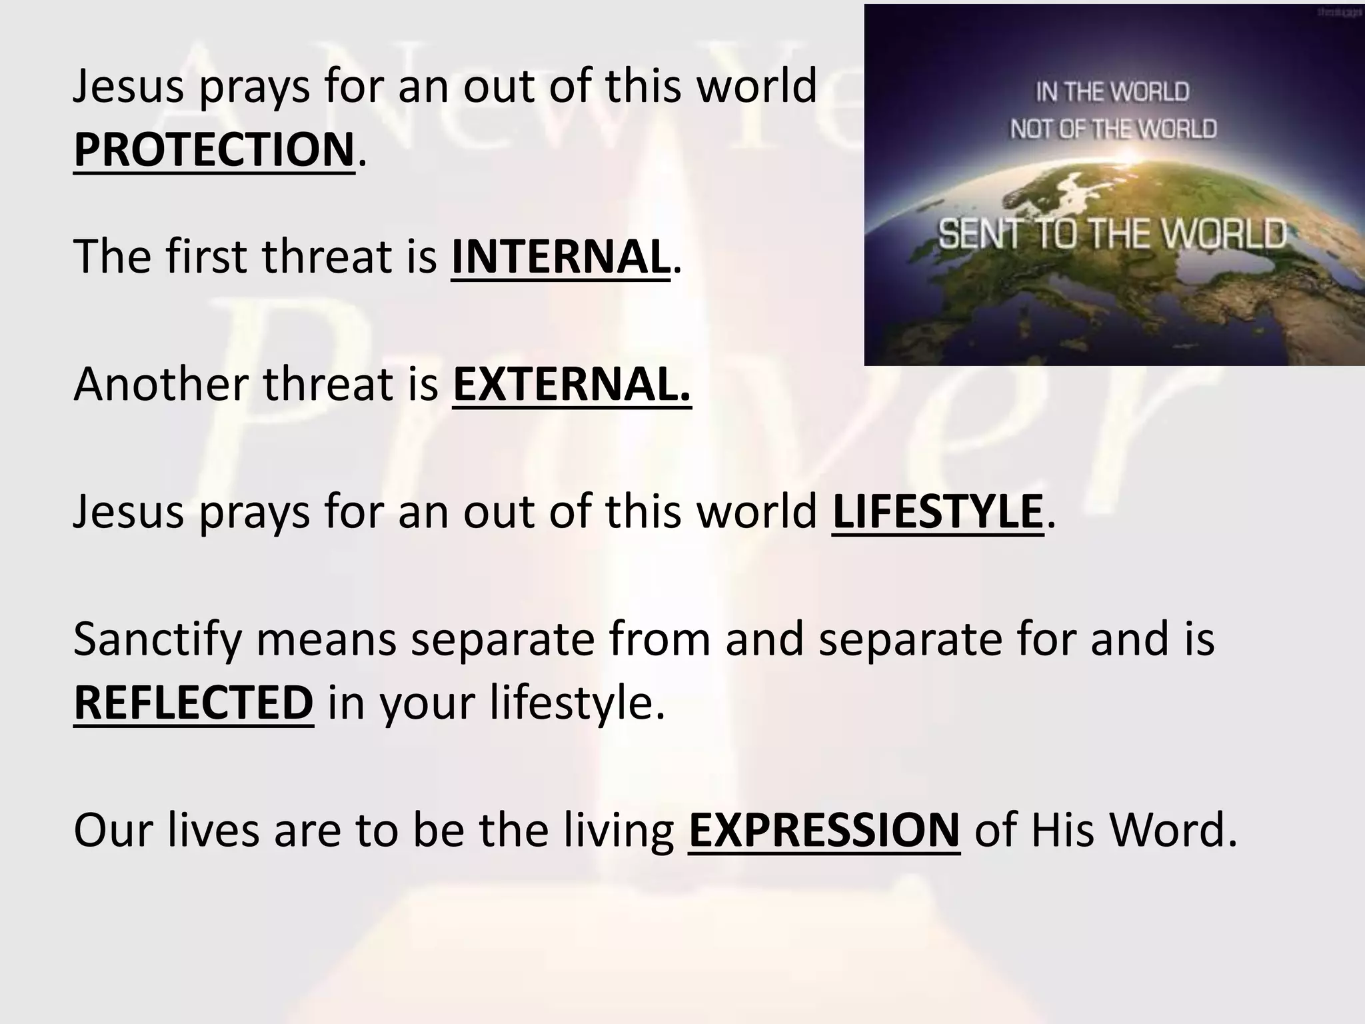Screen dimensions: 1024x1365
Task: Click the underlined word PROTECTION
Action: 213,149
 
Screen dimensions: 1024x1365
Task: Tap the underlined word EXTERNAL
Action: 572,385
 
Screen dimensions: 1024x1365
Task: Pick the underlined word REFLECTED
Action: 193,703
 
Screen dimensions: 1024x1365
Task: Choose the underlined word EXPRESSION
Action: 824,831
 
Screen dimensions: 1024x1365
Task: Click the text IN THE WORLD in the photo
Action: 1112,92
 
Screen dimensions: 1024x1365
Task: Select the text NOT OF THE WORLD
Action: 1113,129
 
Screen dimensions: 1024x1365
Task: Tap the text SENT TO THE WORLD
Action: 1112,234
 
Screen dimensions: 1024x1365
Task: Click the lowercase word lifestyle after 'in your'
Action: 577,703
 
